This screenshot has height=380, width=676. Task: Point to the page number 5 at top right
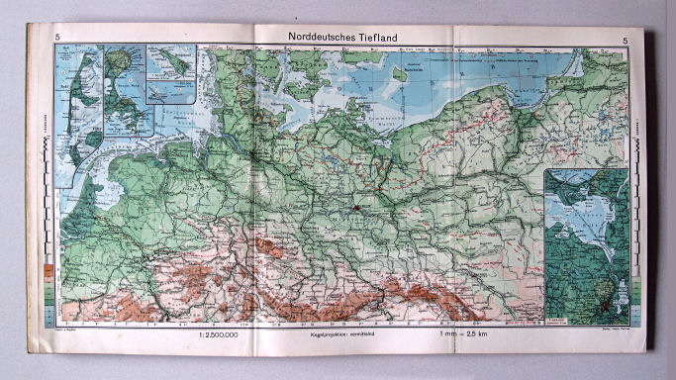pos(625,40)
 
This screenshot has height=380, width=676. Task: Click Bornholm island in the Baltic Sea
pos(400,73)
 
